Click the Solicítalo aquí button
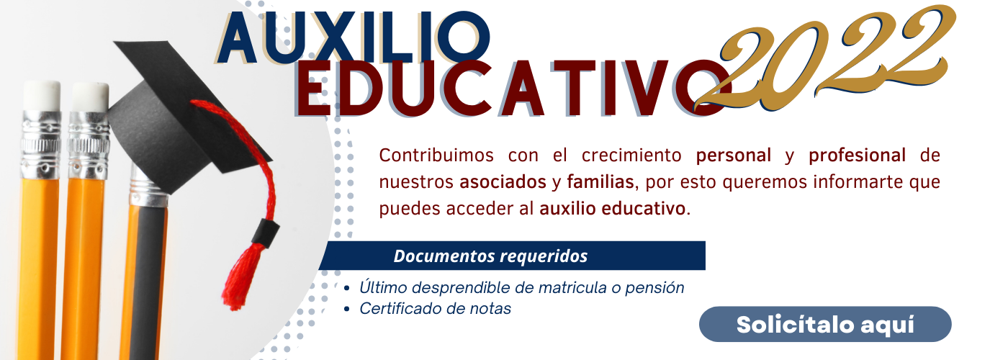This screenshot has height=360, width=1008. (x=825, y=324)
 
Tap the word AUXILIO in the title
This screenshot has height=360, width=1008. (x=354, y=37)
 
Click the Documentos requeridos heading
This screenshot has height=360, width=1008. (x=490, y=256)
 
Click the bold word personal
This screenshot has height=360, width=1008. (x=734, y=156)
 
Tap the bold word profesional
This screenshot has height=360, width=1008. (x=858, y=156)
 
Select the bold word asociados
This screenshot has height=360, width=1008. (x=503, y=182)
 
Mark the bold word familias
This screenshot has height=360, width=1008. (x=600, y=181)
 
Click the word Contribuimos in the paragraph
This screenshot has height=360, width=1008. (x=436, y=156)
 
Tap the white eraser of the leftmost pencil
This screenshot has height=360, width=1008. (x=42, y=95)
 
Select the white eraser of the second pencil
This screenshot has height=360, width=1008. (x=89, y=96)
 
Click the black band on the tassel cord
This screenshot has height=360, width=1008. (x=265, y=233)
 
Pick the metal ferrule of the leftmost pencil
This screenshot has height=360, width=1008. (x=40, y=144)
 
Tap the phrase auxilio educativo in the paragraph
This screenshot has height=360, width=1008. (x=613, y=209)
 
